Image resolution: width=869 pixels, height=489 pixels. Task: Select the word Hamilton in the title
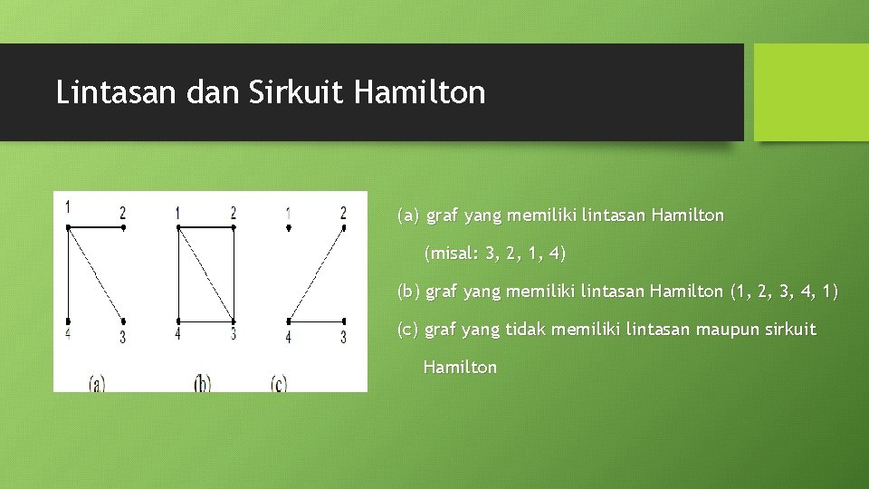click(421, 92)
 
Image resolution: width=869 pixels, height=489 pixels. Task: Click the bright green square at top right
click(811, 92)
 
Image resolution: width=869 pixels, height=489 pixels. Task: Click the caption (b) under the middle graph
click(203, 383)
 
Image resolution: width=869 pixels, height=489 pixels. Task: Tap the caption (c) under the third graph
click(279, 383)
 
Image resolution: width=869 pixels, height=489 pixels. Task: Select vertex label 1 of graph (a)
click(68, 206)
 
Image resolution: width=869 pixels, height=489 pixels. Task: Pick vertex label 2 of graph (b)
click(234, 213)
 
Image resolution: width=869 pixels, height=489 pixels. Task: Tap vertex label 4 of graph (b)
click(177, 334)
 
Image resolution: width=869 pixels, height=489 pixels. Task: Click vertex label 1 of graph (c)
click(288, 214)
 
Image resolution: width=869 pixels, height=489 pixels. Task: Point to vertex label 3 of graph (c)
click(343, 337)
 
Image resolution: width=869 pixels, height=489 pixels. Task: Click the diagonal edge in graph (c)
click(317, 274)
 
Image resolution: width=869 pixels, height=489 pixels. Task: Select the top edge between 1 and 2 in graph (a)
click(96, 226)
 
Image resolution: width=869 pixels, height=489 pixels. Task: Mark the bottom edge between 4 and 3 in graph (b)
click(206, 321)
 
